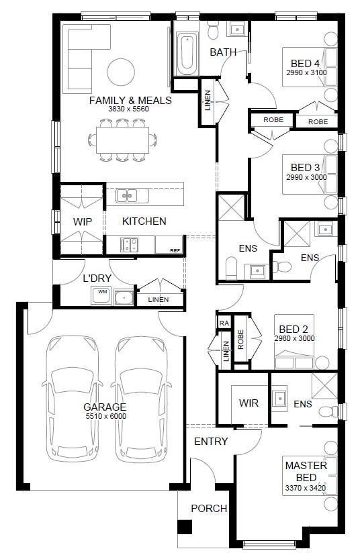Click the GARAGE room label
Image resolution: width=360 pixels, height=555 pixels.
(105, 407)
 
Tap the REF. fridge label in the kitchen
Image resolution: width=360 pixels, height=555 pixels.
(176, 250)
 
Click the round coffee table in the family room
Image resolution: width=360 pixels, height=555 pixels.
(121, 72)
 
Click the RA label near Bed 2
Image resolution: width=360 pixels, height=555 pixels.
(224, 323)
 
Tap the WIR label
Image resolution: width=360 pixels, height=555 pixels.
(249, 403)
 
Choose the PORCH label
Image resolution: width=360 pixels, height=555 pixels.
(209, 508)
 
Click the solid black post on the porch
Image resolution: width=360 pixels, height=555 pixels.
(185, 527)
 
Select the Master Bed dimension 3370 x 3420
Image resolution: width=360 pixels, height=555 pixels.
(306, 488)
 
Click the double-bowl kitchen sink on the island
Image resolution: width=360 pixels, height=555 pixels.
(127, 195)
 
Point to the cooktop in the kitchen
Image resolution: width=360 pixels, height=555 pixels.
(129, 245)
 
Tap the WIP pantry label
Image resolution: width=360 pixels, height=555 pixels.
(83, 222)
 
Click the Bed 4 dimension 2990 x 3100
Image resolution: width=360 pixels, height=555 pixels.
(306, 72)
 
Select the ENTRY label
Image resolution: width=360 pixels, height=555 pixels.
(211, 442)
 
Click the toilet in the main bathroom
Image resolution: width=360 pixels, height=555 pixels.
(213, 30)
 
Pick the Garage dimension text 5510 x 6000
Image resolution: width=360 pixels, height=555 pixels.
(105, 416)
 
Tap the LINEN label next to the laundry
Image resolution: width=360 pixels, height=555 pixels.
(159, 300)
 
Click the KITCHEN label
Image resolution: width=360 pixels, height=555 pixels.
(144, 221)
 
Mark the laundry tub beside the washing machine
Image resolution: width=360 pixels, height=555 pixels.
(124, 297)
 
